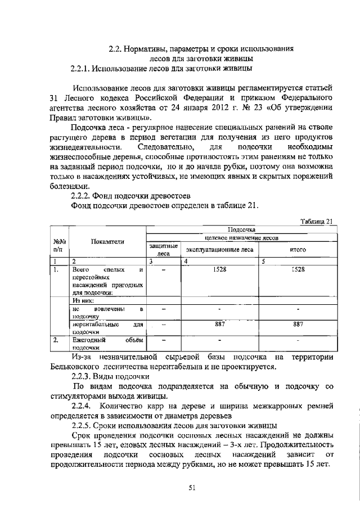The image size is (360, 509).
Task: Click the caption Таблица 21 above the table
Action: pos(317,220)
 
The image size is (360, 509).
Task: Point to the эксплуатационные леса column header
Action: pos(220,249)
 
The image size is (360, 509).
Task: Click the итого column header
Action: pos(298,249)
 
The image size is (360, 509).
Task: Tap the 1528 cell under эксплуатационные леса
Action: pos(220,270)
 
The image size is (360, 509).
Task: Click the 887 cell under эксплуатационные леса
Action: pos(220,324)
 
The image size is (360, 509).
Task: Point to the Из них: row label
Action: pos(84,301)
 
